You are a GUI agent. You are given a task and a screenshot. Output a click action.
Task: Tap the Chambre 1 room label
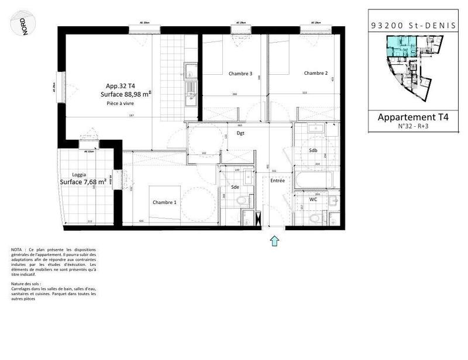click(164, 202)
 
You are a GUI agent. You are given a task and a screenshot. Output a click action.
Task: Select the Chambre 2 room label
click(315, 74)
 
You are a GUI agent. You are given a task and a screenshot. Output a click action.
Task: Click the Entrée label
click(277, 181)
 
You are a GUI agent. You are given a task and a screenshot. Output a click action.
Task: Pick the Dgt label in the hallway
click(240, 133)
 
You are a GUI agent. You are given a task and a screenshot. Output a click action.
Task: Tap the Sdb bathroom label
click(314, 150)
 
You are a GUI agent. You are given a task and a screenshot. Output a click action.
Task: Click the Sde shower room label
click(235, 187)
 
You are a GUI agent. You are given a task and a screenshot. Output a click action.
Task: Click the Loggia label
click(80, 175)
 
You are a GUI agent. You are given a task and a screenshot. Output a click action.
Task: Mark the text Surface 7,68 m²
click(83, 182)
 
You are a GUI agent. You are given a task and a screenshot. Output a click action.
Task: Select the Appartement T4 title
click(408, 117)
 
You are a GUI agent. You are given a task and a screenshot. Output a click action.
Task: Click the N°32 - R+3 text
click(408, 126)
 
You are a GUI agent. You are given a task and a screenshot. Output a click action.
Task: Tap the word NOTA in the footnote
click(18, 250)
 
